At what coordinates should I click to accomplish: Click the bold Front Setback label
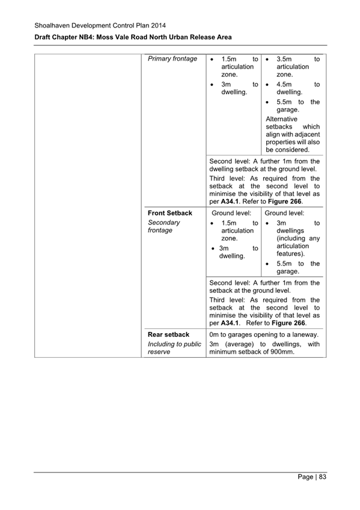(170, 213)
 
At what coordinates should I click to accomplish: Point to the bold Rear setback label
(168, 334)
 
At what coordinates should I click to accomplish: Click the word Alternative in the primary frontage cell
(281, 119)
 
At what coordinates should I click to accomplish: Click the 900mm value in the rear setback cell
(279, 352)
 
